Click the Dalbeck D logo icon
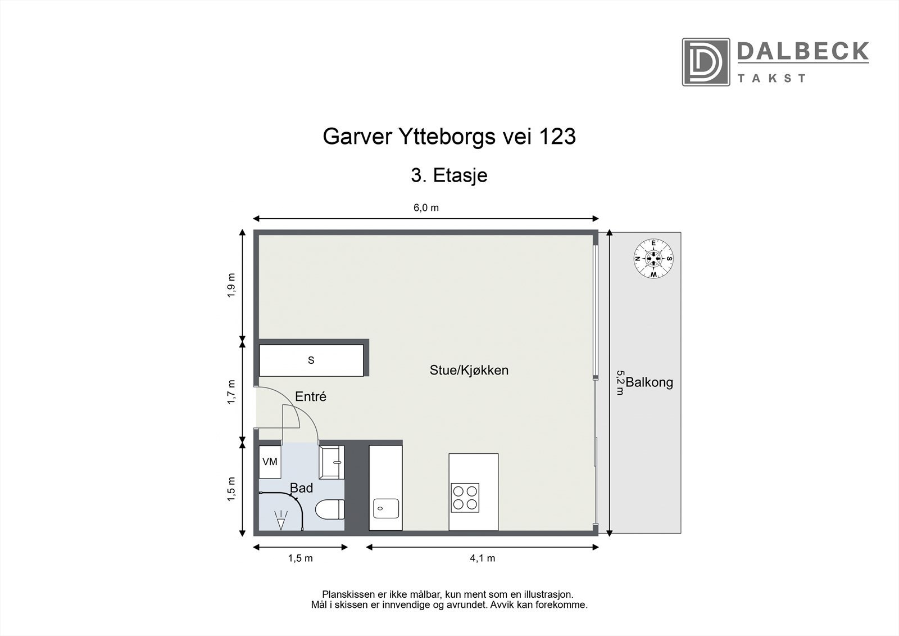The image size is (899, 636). tap(706, 62)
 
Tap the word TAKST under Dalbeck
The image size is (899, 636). tap(772, 78)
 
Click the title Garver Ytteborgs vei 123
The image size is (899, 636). tap(449, 137)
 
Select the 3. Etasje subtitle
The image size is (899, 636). tap(449, 175)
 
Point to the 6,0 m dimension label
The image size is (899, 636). tap(426, 208)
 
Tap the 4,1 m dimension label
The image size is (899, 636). tap(482, 558)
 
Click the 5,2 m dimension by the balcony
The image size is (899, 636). tap(620, 382)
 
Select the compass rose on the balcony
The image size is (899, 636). tap(653, 259)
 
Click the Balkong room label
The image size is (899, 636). tap(650, 383)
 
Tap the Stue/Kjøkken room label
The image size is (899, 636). tap(469, 370)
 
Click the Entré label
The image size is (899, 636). tap(311, 396)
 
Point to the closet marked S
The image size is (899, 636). tap(311, 360)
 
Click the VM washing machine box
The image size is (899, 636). tap(270, 462)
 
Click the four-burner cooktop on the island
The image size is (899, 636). tap(465, 498)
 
